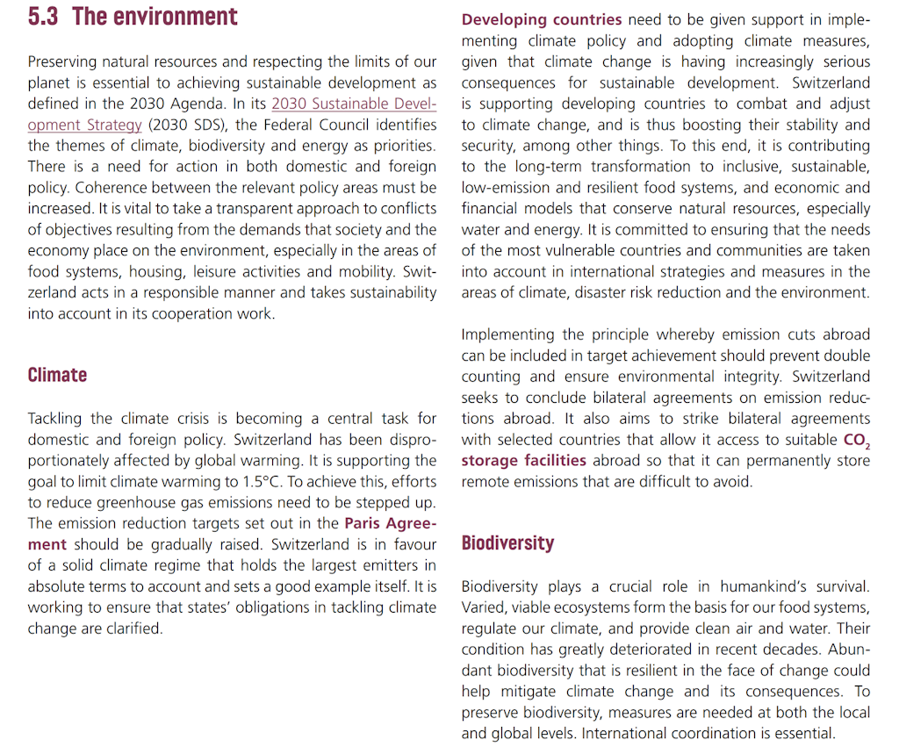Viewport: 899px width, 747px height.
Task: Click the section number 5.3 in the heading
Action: tap(43, 17)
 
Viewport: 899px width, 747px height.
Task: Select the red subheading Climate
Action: tap(57, 375)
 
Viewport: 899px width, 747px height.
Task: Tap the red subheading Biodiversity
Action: tap(507, 542)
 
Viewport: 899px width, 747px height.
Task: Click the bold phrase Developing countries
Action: tap(542, 19)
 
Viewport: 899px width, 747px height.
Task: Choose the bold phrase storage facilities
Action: tap(524, 460)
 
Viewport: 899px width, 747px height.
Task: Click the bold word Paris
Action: tap(367, 523)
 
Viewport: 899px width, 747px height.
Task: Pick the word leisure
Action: tap(230, 272)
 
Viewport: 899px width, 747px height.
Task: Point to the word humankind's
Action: tap(765, 586)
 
